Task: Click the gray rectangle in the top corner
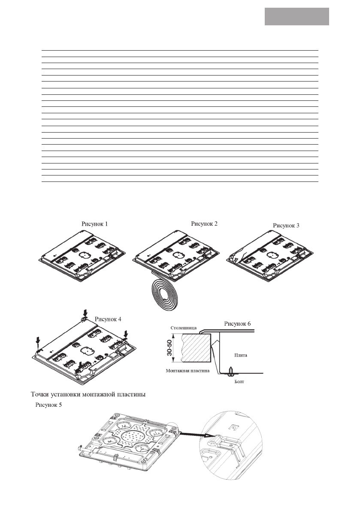point(296,16)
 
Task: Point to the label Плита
point(240,355)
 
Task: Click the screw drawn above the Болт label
point(232,370)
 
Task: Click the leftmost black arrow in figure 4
point(39,342)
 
